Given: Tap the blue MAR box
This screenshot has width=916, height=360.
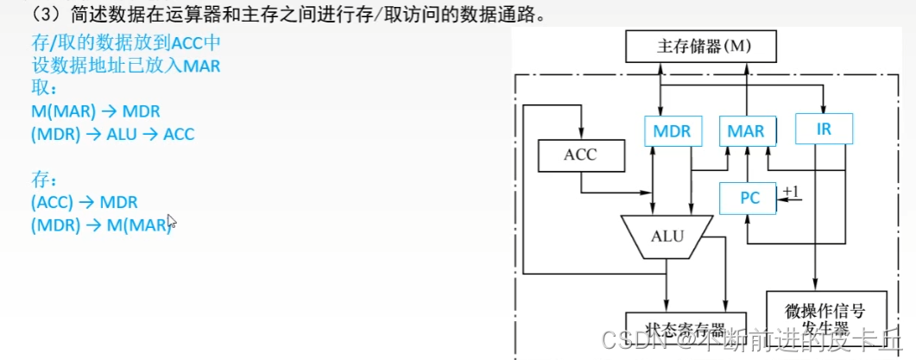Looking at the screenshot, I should click(746, 131).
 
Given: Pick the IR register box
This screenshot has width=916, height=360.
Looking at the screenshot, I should click(824, 129).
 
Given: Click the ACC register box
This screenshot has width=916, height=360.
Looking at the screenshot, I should click(580, 155).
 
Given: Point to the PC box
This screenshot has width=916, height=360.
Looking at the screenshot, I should click(749, 199).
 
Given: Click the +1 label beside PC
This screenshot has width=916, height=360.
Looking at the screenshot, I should click(791, 191).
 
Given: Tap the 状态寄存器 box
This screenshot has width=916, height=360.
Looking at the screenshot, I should click(685, 329).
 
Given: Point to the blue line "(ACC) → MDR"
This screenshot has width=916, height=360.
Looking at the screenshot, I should click(84, 202).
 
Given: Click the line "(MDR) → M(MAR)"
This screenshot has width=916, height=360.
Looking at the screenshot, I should click(102, 224).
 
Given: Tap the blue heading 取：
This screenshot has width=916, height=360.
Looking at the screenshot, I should click(42, 90).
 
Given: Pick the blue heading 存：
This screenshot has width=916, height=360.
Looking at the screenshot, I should click(42, 180).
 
